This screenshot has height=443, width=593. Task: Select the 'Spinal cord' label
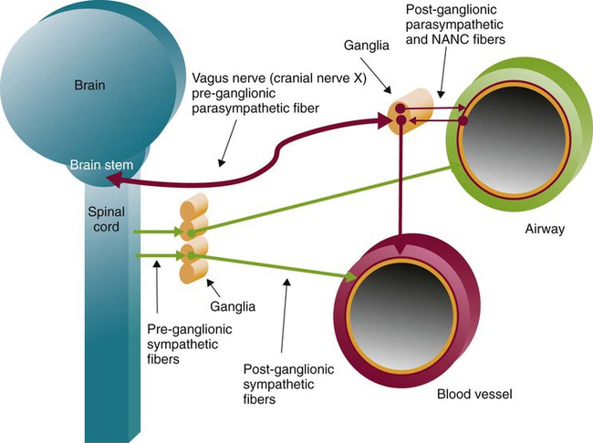pos(106,220)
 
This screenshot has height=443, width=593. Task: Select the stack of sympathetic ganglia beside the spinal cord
pos(192,239)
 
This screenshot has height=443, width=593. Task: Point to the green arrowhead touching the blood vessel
pos(351,275)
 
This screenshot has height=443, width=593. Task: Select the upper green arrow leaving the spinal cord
pos(155,233)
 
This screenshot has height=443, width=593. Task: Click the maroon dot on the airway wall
pos(463,120)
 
